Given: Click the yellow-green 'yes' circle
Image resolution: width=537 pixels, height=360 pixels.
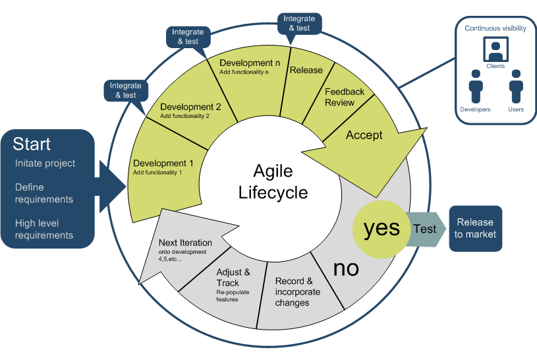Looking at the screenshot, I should point(382,228).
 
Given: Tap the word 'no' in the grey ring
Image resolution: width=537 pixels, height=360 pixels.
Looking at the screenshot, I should point(346,268).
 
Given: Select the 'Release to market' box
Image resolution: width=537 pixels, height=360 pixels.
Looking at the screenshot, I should point(476,228).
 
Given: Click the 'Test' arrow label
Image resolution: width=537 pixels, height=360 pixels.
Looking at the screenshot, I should point(424,229).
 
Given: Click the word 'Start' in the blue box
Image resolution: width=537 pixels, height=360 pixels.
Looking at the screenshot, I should point(32,144).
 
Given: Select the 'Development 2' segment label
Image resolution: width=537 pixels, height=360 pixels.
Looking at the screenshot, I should point(190,107).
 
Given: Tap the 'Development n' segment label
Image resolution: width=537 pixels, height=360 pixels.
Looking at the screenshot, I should point(250,63).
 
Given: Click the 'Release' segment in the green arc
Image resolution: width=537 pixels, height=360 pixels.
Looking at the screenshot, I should point(306,70).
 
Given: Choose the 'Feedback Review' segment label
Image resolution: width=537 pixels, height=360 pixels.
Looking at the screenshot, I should point(344,97).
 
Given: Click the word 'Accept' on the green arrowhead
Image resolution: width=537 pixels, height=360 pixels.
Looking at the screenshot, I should point(364,135).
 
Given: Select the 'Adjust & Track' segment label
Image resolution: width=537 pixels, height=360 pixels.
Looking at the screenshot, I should point(233,277).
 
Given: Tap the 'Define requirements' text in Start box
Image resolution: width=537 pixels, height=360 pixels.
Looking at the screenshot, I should point(44,193).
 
